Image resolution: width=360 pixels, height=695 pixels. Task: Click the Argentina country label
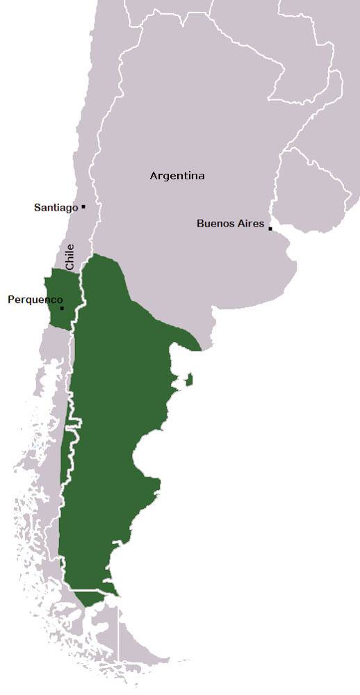point(177,176)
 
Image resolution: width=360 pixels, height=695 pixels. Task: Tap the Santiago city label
point(56,207)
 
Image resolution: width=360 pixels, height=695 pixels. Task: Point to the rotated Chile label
point(69,257)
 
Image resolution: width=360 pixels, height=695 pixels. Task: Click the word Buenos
point(215,223)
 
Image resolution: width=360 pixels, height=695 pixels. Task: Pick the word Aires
point(251,223)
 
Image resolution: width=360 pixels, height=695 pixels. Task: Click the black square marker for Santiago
point(83,206)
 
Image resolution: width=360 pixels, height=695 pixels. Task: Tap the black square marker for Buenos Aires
point(270,229)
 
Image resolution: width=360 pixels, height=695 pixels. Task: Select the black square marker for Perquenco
point(62,308)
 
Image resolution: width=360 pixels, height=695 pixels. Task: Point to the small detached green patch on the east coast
point(189,379)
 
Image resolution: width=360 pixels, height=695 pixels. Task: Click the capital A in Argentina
point(154,176)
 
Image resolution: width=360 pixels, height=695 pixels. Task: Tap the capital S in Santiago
point(37,207)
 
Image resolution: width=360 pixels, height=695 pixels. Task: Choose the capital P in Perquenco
point(10,300)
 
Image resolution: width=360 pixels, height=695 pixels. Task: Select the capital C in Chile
point(69,267)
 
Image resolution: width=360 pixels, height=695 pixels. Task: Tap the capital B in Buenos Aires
point(200,223)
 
